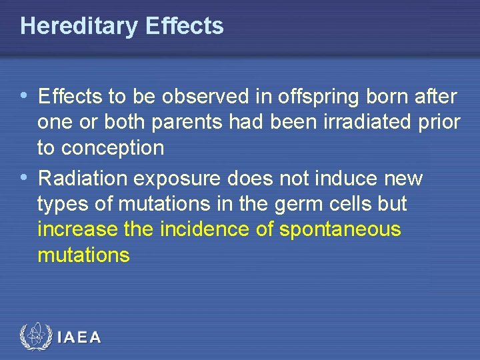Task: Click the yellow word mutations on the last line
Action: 83,255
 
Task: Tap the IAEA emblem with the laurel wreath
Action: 35,337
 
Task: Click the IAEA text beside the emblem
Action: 79,338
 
